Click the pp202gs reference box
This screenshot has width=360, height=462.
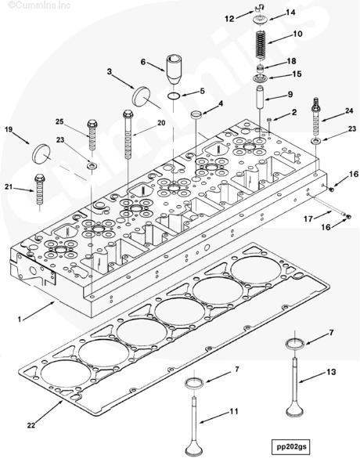point(290,446)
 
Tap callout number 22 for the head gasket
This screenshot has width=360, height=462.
point(31,425)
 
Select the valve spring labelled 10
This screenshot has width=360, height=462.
point(260,45)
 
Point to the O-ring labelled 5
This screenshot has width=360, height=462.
point(174,96)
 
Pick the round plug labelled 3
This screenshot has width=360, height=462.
point(141,96)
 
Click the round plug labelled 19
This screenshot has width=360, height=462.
point(41,153)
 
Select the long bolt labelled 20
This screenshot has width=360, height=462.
point(128,134)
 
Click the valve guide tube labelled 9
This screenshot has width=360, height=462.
point(260,97)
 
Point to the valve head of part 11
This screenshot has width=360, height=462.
point(194,449)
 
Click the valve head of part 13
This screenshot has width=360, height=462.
point(294,410)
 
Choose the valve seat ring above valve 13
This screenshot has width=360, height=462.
point(295,344)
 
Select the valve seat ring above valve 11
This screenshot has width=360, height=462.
point(194,383)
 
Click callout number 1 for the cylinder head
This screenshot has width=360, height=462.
point(20,319)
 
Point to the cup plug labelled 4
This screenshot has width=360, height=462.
point(196,114)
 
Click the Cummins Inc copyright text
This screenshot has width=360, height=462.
point(39,5)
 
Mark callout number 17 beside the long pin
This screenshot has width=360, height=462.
point(308,218)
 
